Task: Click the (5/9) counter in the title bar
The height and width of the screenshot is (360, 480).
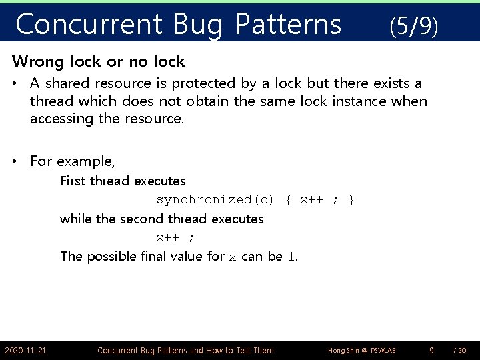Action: coord(413,26)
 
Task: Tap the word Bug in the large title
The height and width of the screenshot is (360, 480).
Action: coord(199,25)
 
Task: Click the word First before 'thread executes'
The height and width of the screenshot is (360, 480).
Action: coord(73,181)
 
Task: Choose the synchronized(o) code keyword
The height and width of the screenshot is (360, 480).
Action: coord(215,200)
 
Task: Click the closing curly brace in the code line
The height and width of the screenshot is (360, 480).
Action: coord(351,200)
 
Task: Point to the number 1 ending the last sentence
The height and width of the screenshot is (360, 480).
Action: coord(291,257)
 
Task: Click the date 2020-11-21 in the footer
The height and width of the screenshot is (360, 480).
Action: coord(25,350)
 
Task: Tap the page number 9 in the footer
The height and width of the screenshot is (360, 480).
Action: coord(431,350)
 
